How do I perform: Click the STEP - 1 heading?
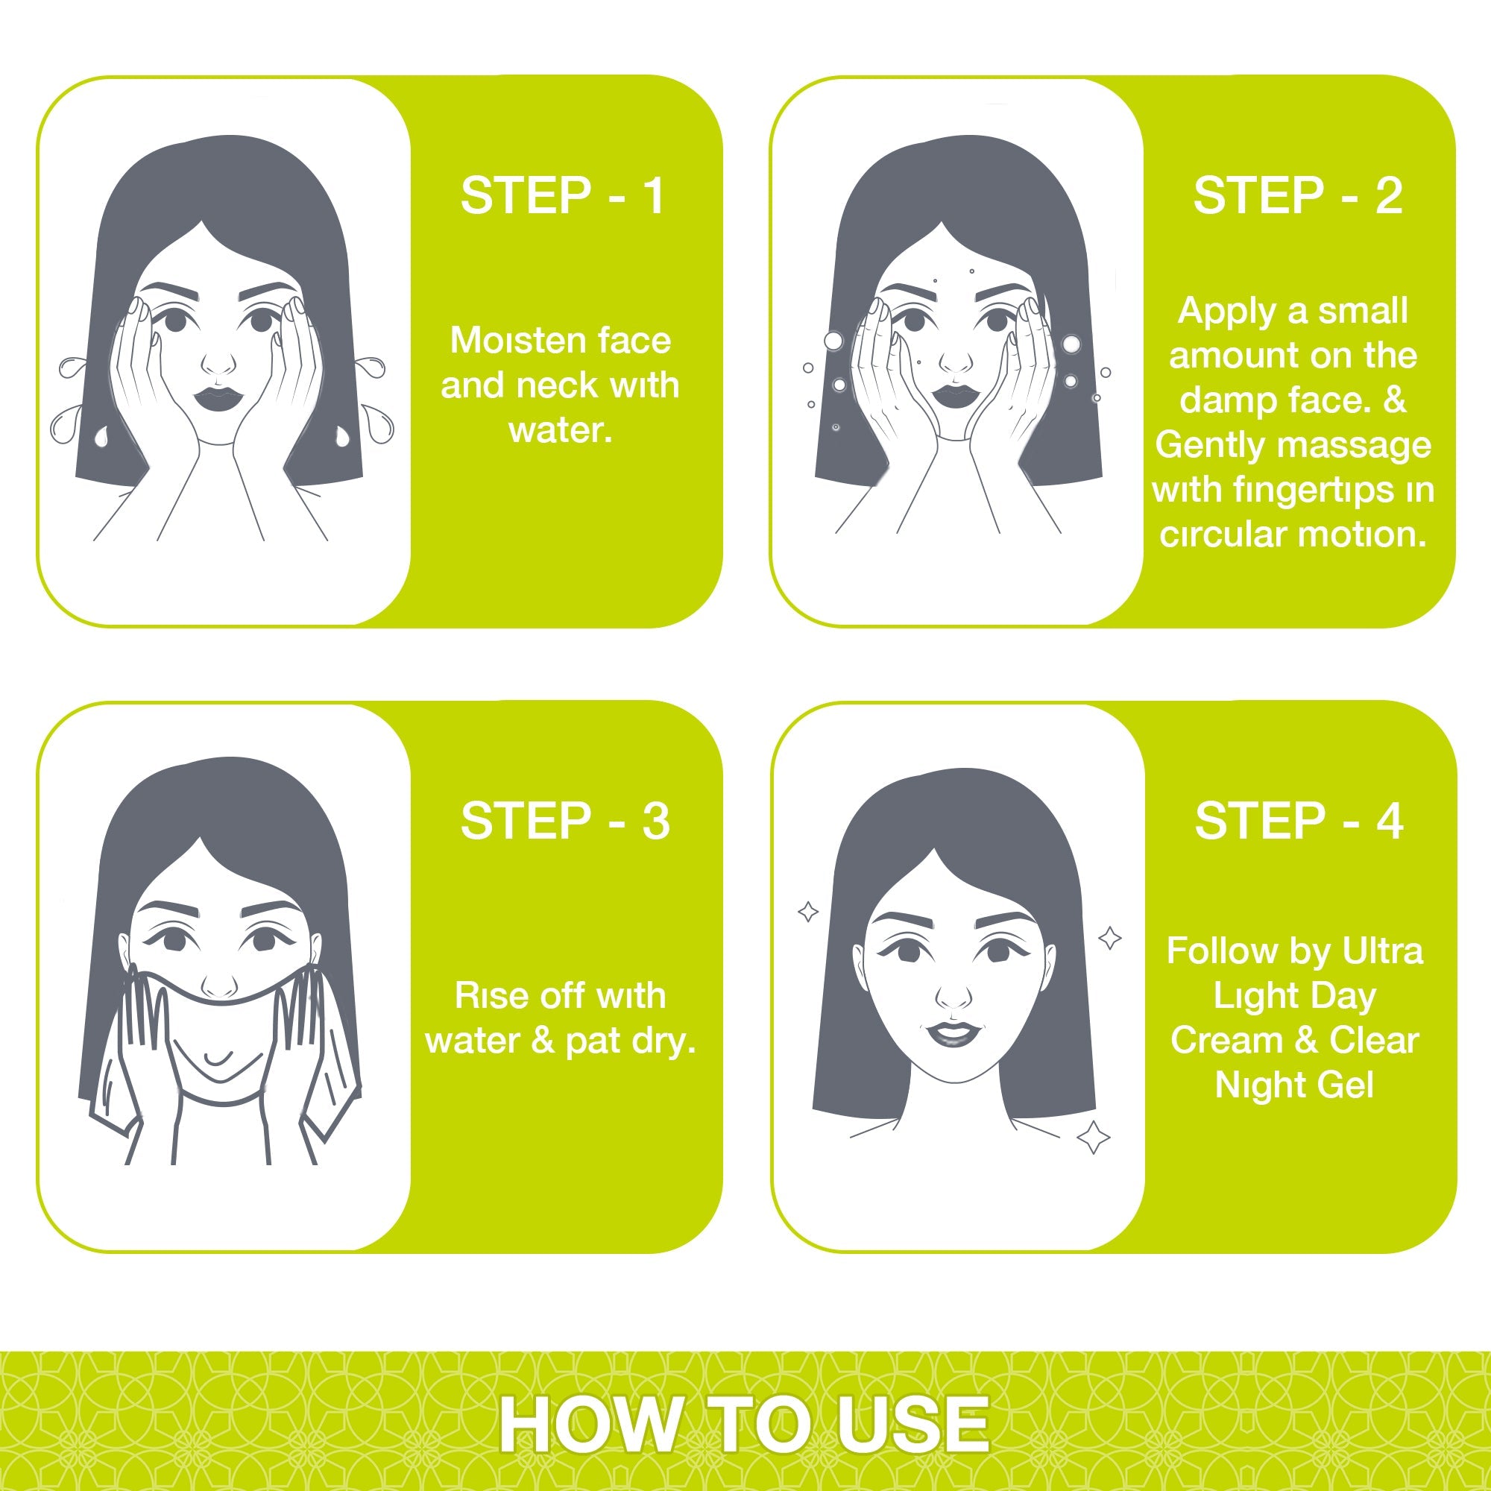(x=562, y=195)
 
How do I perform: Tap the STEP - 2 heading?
(x=1297, y=195)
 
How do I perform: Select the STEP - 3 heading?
(x=565, y=820)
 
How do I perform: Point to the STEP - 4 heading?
(x=1299, y=820)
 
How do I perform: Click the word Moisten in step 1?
(x=504, y=341)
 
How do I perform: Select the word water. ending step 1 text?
(x=561, y=430)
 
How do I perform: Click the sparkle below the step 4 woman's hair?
(x=1093, y=1137)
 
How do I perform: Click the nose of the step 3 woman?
(x=220, y=985)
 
